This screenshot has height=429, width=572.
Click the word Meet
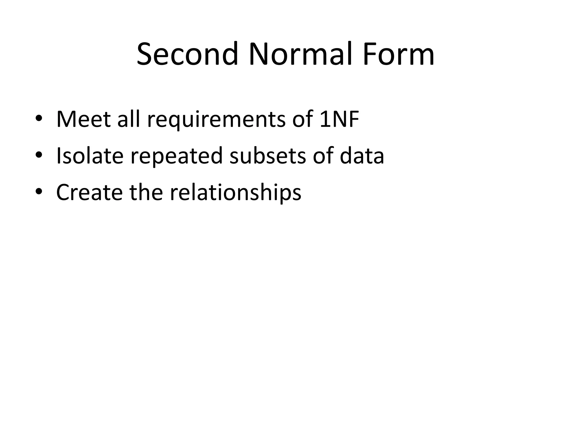(x=83, y=119)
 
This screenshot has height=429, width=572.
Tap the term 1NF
(x=339, y=119)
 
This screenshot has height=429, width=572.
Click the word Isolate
(x=90, y=156)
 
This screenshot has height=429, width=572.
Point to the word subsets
(x=268, y=156)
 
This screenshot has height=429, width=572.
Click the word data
(x=362, y=156)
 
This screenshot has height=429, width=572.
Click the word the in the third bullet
(x=146, y=193)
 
